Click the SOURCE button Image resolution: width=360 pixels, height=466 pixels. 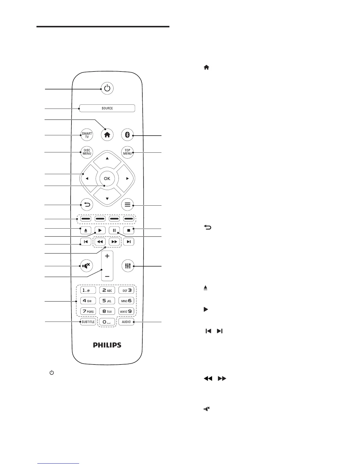coord(107,108)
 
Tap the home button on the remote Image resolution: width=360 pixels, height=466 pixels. coord(107,135)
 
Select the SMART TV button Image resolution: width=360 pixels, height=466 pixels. coord(87,135)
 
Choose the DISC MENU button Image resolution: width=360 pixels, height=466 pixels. coord(87,152)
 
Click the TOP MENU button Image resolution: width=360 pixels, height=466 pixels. coord(127,152)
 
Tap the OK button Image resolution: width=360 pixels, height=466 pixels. coord(107,178)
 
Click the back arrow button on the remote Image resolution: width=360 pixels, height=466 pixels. coord(87,204)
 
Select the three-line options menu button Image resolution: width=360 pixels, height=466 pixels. coord(127,205)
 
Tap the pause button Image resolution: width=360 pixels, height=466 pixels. coord(114,230)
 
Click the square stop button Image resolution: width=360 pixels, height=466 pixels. coord(129,230)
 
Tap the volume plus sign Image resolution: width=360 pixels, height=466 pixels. coord(107,256)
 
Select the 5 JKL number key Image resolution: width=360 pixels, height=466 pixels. coord(107,301)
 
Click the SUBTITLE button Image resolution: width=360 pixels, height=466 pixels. coord(88,322)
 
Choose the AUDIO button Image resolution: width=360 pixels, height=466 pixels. coord(126,322)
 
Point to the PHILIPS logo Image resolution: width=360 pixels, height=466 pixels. coord(107,345)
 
